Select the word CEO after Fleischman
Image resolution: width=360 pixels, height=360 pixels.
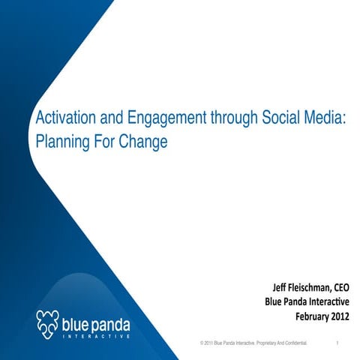point(345,288)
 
